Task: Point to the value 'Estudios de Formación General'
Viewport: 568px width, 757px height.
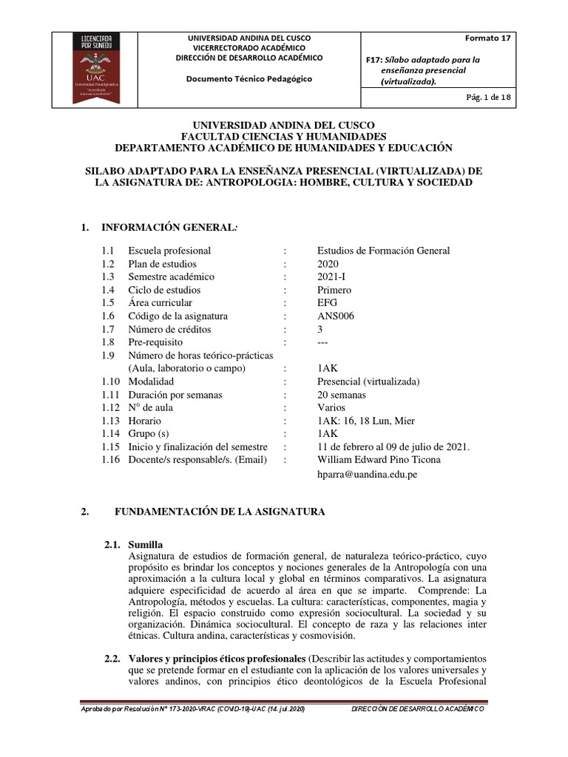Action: [x=383, y=251]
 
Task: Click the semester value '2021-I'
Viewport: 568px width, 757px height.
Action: [x=332, y=277]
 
